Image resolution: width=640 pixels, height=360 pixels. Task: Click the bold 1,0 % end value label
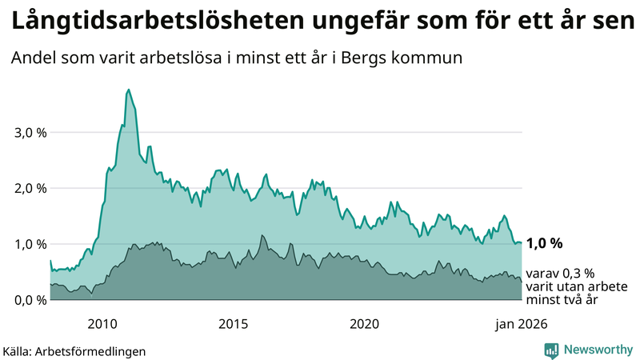[x=545, y=243]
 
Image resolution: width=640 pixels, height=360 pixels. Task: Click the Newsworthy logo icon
[x=551, y=350]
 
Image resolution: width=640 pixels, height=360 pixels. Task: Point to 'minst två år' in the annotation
[x=562, y=300]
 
